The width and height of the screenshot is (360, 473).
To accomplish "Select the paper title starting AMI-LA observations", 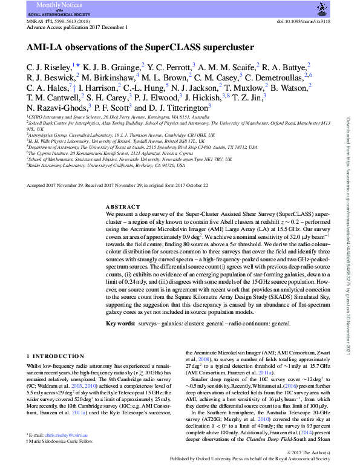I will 140,47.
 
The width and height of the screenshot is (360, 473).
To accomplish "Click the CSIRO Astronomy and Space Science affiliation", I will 118,116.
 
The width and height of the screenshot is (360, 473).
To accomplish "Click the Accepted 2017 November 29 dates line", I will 117,185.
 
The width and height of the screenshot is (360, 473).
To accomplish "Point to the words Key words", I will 120,324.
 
